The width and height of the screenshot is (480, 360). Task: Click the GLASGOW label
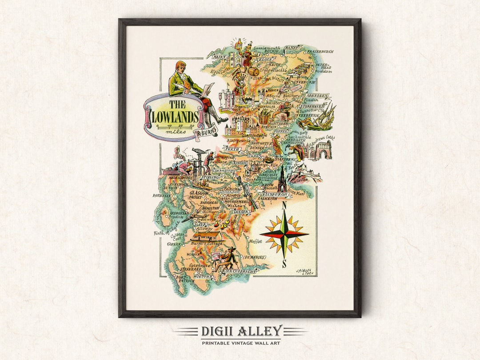(198, 194)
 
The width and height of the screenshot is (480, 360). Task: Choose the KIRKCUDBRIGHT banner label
(240, 270)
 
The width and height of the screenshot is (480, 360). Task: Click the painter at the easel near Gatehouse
(228, 258)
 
